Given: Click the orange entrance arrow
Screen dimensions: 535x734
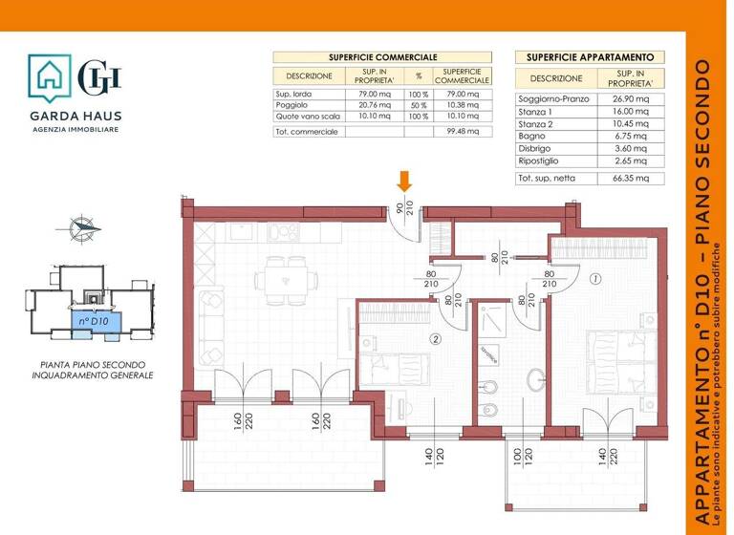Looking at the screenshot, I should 405,182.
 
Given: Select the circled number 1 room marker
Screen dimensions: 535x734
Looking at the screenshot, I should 594,280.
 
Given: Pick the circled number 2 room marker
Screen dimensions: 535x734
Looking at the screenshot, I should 435,337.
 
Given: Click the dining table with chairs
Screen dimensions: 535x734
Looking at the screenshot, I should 286,281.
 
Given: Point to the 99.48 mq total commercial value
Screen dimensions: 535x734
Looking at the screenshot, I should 462,132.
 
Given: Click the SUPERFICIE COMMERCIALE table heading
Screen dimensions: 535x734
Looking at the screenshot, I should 382,57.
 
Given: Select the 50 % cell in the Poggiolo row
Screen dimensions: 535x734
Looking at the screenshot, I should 418,105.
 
